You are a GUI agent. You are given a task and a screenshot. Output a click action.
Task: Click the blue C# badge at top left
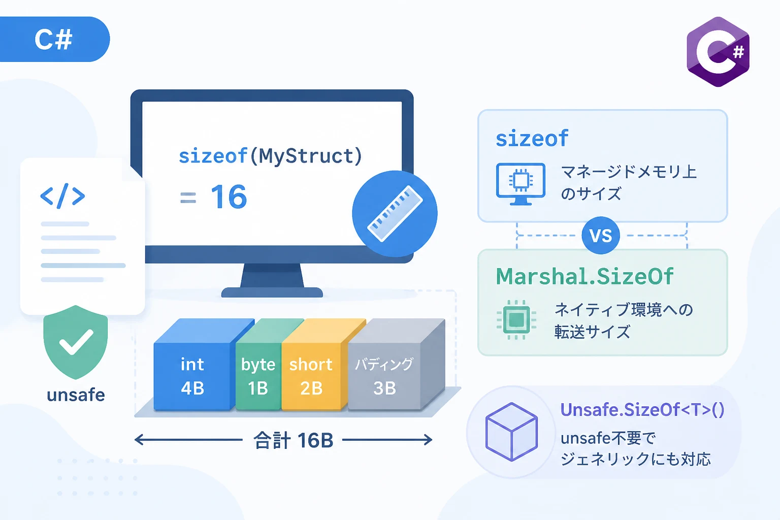point(54,39)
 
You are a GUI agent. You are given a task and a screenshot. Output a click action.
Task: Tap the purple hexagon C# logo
point(718,52)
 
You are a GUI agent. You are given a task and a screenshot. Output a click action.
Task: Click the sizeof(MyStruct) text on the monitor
point(271,156)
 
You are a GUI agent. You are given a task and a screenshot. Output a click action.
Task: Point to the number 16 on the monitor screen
point(229,197)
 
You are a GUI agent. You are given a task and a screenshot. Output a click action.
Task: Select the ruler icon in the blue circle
point(395,213)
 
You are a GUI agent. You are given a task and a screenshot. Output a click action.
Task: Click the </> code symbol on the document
point(62,196)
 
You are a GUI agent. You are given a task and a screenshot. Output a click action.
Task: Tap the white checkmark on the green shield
point(76,342)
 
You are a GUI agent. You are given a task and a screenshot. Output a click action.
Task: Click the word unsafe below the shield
point(76,395)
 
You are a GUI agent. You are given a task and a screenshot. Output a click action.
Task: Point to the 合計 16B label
point(293,440)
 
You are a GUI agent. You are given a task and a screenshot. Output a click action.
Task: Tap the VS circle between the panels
point(601,236)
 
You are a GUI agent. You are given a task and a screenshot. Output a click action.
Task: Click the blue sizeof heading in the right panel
point(532,138)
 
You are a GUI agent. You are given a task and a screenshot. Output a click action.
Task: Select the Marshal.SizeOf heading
point(584,277)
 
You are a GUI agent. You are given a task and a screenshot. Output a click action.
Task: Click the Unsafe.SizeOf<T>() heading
point(642,410)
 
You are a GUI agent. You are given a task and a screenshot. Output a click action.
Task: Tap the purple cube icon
point(511,432)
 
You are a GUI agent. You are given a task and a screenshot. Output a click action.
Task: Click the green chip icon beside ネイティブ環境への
point(516,319)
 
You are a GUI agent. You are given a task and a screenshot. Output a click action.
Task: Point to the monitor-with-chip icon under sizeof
point(521,184)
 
